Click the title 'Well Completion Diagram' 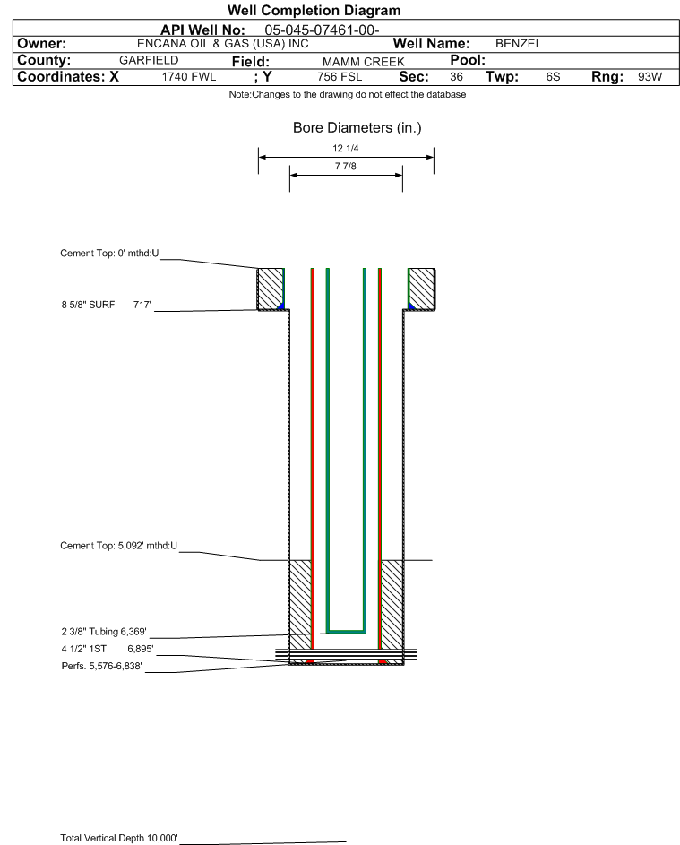pyautogui.click(x=314, y=10)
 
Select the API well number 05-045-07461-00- pyautogui.click(x=322, y=30)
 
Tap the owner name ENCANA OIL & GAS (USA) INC pyautogui.click(x=223, y=44)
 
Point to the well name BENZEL pyautogui.click(x=519, y=44)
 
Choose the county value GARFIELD pyautogui.click(x=149, y=60)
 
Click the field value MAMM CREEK pyautogui.click(x=363, y=62)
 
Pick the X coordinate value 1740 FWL pyautogui.click(x=188, y=77)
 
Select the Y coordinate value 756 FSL pyautogui.click(x=340, y=77)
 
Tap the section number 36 pyautogui.click(x=456, y=77)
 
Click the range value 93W pyautogui.click(x=650, y=77)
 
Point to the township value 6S pyautogui.click(x=553, y=77)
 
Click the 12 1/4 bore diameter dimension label pyautogui.click(x=346, y=148)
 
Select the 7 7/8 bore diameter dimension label pyautogui.click(x=346, y=166)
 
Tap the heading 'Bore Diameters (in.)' pyautogui.click(x=357, y=128)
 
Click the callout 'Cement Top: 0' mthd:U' pyautogui.click(x=109, y=254)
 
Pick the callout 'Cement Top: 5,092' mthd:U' pyautogui.click(x=118, y=546)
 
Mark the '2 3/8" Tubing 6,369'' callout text pyautogui.click(x=104, y=632)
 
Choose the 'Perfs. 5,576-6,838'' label pyautogui.click(x=102, y=666)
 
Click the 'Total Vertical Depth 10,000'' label pyautogui.click(x=119, y=838)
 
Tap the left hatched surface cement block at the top pyautogui.click(x=270, y=289)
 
